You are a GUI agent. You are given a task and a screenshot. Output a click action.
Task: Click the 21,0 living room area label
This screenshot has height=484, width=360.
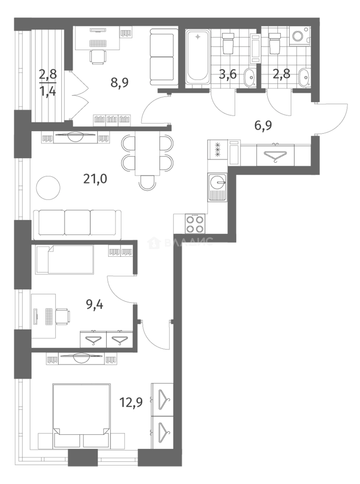point(95,179)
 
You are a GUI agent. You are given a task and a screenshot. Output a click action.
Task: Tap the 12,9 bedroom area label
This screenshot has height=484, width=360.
point(131,402)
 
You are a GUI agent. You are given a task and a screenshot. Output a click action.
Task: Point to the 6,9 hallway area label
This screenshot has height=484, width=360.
point(263,125)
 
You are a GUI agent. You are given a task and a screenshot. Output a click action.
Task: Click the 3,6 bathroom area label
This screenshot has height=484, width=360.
point(228,74)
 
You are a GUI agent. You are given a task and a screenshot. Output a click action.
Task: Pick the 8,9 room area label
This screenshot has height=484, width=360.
point(119,82)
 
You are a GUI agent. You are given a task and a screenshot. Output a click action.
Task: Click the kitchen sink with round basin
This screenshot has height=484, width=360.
point(218,187)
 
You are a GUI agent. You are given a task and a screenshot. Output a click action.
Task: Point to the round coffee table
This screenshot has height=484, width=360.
point(48,188)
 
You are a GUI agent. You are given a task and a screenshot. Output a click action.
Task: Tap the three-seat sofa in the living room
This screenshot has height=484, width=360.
point(77,224)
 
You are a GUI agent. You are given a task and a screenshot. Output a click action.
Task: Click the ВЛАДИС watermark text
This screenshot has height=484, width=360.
point(189,242)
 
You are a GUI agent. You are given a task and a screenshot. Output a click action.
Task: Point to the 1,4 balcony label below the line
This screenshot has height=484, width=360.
point(48,91)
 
